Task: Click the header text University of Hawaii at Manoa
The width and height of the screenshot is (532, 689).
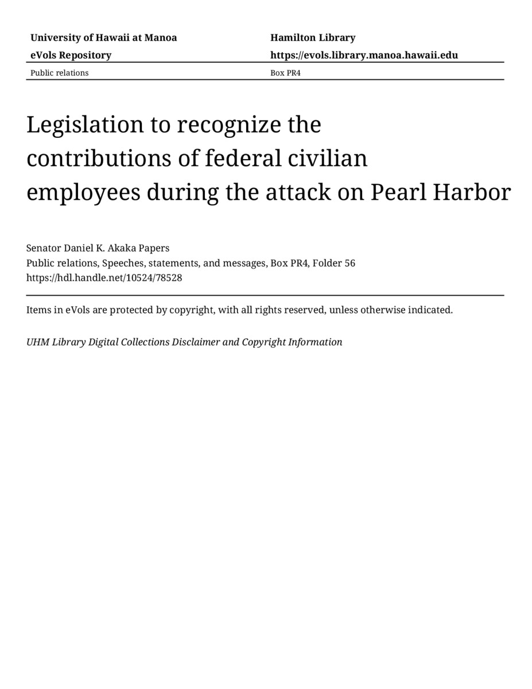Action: pyautogui.click(x=103, y=38)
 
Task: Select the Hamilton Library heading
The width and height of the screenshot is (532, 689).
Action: pyautogui.click(x=313, y=38)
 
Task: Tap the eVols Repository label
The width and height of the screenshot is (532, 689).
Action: pyautogui.click(x=71, y=55)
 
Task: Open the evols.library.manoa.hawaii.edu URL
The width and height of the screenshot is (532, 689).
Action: pyautogui.click(x=364, y=55)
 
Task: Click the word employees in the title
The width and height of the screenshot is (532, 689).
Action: pyautogui.click(x=83, y=193)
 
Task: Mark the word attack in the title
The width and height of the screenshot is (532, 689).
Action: pyautogui.click(x=300, y=192)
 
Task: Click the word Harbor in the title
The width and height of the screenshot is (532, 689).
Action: pyautogui.click(x=471, y=192)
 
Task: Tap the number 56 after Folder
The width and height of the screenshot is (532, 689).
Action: pyautogui.click(x=350, y=263)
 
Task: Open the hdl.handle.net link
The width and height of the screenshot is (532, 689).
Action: pyautogui.click(x=104, y=278)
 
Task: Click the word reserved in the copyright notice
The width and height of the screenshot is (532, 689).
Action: pyautogui.click(x=303, y=310)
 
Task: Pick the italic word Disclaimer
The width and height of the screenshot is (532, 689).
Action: pyautogui.click(x=196, y=342)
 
